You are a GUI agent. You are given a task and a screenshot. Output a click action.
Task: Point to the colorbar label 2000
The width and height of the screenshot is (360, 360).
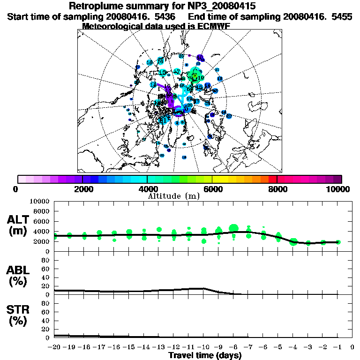click(x=82, y=189)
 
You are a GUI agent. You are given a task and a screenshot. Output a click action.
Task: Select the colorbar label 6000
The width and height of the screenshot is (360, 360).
click(x=212, y=189)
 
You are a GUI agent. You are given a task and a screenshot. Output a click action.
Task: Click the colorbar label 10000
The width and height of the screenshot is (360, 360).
click(x=339, y=189)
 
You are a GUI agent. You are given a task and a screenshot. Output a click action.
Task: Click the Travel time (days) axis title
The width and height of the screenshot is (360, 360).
click(x=205, y=355)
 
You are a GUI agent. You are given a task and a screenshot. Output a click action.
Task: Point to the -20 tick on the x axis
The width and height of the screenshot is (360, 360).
click(x=55, y=347)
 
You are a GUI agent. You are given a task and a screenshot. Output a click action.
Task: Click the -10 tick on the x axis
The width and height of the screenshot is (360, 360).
click(x=203, y=347)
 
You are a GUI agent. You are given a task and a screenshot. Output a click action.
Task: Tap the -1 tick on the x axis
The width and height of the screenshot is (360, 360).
click(x=337, y=347)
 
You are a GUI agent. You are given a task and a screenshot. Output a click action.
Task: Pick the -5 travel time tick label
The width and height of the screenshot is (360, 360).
click(x=278, y=347)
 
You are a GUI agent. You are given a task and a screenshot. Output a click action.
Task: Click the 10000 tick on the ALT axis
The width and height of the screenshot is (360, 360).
click(x=40, y=201)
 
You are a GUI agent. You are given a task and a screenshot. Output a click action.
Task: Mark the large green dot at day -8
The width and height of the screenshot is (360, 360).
click(x=233, y=228)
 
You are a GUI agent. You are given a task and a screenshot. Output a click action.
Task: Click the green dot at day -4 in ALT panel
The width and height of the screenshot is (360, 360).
click(x=293, y=242)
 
